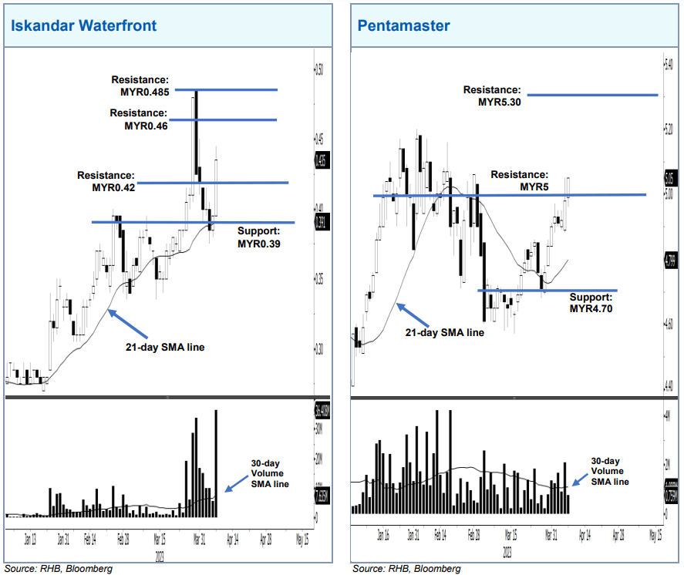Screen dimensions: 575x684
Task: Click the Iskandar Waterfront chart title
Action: (x=83, y=25)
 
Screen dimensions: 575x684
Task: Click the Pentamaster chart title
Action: (x=403, y=25)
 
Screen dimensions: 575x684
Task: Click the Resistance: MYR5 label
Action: (x=521, y=181)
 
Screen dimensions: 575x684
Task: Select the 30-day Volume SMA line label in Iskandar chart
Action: (x=269, y=473)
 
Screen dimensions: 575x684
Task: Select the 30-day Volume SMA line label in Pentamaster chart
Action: (x=609, y=470)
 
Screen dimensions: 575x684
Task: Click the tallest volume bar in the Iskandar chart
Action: (x=216, y=463)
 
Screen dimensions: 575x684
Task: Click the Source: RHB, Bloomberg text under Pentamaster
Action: (x=406, y=568)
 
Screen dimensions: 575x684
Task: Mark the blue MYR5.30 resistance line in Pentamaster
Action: (x=592, y=96)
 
